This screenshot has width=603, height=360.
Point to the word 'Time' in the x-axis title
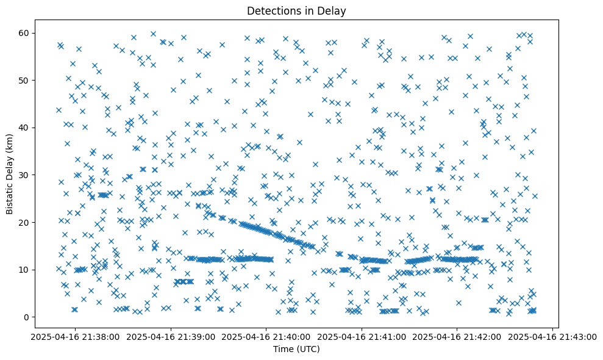[283, 349]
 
